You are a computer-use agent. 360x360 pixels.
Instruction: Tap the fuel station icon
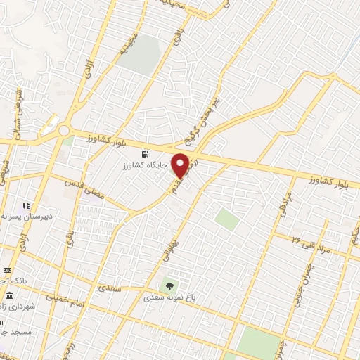[x=145, y=154]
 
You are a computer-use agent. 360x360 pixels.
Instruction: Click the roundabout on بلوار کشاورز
[x=65, y=130]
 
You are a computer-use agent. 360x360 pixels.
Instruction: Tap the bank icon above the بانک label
[x=6, y=270]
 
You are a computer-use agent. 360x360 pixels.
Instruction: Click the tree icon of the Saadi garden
[x=168, y=285]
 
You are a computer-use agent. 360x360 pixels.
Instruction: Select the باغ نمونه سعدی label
[x=173, y=297]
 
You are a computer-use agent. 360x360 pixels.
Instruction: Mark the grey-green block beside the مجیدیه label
[x=137, y=55]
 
